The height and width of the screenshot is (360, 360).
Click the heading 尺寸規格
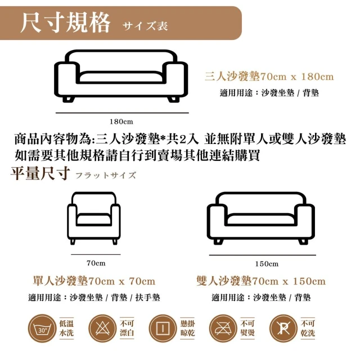(x=65, y=23)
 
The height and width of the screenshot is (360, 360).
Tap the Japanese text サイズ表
(x=145, y=25)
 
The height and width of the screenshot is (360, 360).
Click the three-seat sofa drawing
(x=121, y=76)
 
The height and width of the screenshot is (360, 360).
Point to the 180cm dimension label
(x=121, y=121)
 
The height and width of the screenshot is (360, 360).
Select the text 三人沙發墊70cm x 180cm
(x=269, y=76)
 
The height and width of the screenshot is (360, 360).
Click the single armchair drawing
(x=94, y=218)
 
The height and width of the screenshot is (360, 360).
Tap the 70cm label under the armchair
(x=96, y=263)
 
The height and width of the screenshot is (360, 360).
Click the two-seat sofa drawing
(x=261, y=218)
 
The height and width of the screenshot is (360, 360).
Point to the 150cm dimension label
(x=267, y=264)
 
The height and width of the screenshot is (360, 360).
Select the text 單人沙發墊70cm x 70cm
(x=94, y=281)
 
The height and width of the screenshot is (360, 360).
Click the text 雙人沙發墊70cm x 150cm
(x=261, y=281)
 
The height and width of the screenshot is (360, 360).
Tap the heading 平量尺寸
(x=40, y=173)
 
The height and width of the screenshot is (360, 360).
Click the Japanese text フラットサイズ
(x=106, y=175)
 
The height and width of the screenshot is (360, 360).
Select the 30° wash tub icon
(x=42, y=328)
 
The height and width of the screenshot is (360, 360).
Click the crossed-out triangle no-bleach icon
(x=102, y=328)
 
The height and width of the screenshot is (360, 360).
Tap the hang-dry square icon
(x=163, y=328)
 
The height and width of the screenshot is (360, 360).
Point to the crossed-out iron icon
(x=223, y=328)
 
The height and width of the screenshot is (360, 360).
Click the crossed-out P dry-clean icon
(x=283, y=328)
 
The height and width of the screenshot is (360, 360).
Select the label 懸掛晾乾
(x=187, y=328)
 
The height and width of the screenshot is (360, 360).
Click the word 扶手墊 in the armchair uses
(x=147, y=298)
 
